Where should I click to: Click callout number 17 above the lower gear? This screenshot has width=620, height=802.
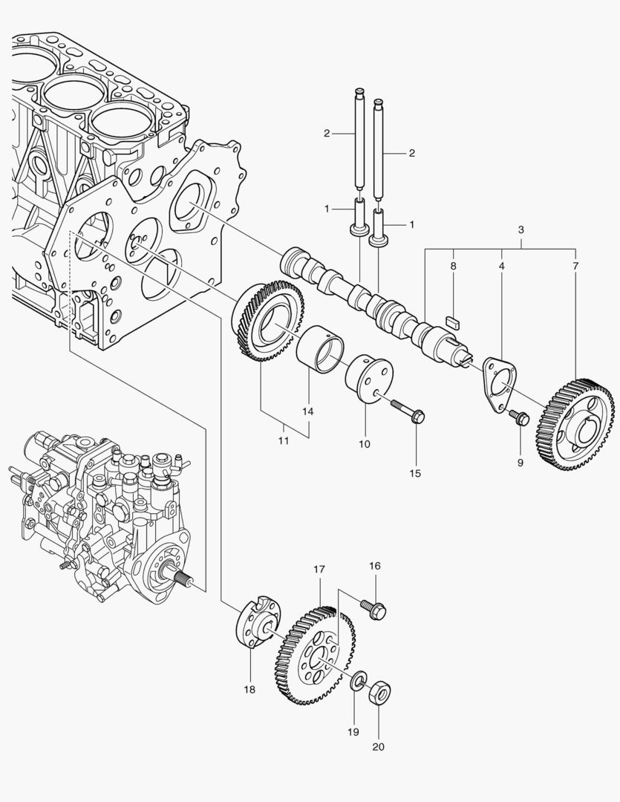click(319, 570)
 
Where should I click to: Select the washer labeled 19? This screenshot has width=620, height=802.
click(359, 679)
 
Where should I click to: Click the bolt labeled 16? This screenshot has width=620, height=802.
click(373, 609)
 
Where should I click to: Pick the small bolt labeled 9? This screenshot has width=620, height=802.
click(518, 418)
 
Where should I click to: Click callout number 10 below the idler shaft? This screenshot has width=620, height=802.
click(364, 444)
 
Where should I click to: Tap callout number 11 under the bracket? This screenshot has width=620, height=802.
click(284, 440)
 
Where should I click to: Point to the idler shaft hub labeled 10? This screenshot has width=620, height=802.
click(368, 379)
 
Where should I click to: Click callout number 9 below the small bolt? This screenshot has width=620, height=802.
click(521, 462)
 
